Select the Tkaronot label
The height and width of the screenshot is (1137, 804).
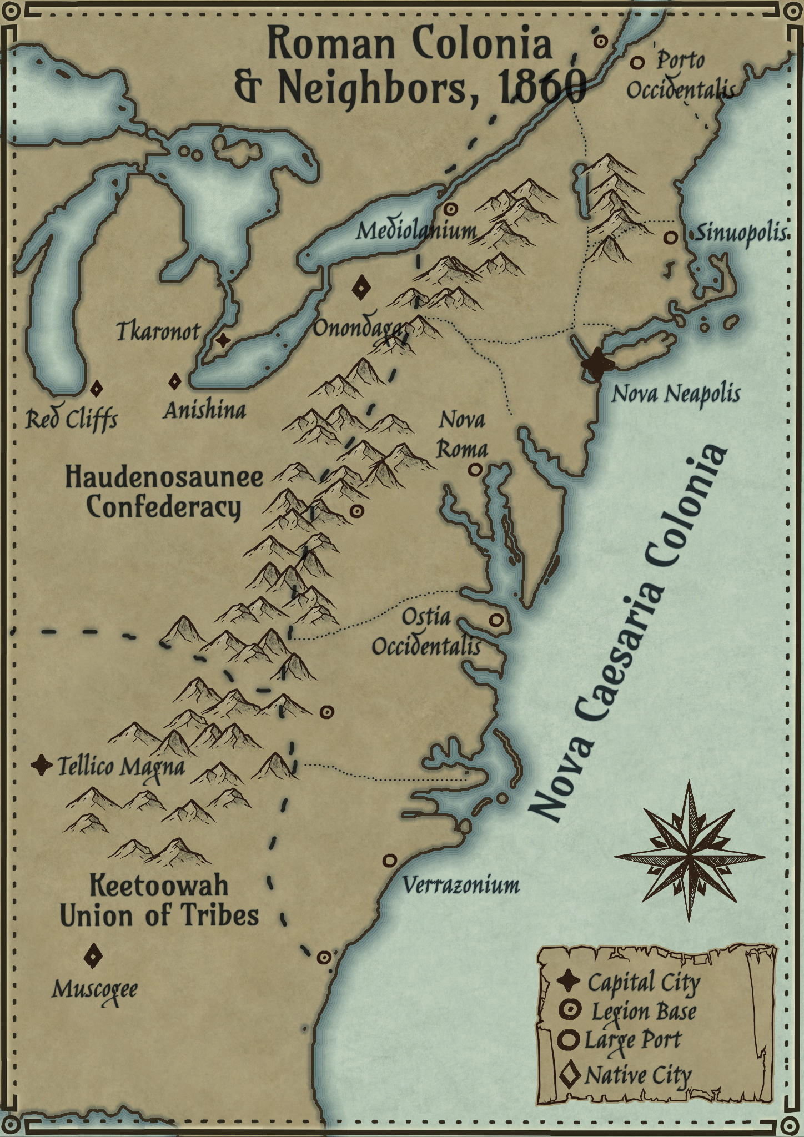(x=158, y=331)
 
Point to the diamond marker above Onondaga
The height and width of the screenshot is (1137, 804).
(x=362, y=288)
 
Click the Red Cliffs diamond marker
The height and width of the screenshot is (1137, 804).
(x=96, y=389)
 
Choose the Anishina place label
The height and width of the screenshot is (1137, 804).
(x=204, y=411)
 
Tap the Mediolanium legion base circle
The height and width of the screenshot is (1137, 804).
(x=451, y=209)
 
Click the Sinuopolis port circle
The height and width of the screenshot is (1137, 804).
(x=671, y=237)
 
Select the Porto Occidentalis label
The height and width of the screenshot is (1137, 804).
(x=681, y=75)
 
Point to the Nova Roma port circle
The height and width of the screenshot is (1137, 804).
(x=474, y=470)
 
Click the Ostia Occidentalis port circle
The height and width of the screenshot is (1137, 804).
(x=496, y=620)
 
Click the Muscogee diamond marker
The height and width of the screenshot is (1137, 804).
(x=93, y=957)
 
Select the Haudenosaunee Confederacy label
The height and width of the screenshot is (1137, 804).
(x=164, y=492)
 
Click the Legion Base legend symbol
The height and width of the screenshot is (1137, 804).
(x=570, y=1010)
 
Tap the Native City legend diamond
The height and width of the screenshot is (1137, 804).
(x=570, y=1075)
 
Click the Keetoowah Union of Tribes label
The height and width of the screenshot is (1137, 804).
(x=159, y=900)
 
